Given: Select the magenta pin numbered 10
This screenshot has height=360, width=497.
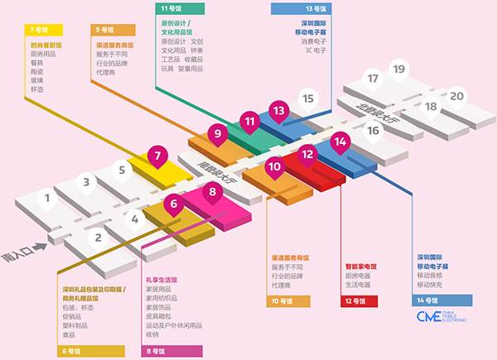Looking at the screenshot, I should tap(275, 166).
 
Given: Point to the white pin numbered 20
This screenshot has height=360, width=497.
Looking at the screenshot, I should tap(456, 96).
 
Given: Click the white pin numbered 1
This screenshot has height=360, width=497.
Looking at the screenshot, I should tap(48, 199).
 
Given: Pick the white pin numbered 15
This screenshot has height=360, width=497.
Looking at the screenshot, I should tap(308, 100).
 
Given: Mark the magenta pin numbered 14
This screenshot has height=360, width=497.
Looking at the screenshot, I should tap(339, 142).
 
